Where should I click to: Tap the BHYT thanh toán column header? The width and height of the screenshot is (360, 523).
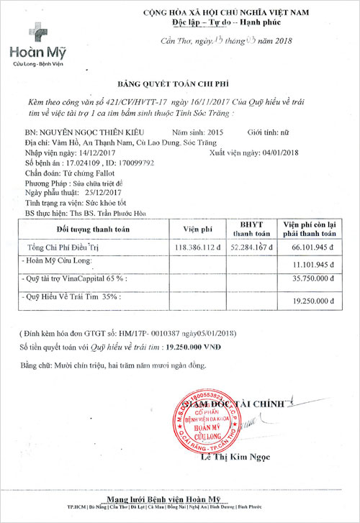pos(250,229)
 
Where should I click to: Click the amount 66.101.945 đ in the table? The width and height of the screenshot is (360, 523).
pos(310,247)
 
